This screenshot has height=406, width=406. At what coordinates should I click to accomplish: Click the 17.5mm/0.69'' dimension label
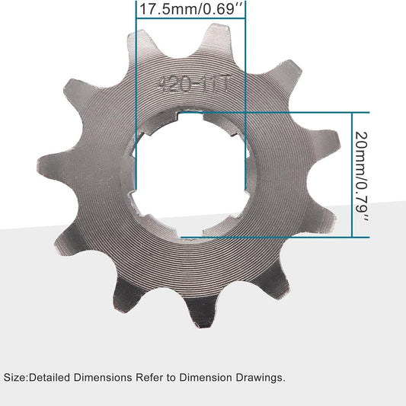coord(191,10)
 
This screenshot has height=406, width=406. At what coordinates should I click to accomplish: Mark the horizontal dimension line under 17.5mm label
coord(192,21)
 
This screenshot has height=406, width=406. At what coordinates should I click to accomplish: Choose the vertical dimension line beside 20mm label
coord(352,175)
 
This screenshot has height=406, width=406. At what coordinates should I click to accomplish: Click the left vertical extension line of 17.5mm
coord(136,114)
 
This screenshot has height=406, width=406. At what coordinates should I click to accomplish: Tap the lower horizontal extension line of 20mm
coord(305,238)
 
